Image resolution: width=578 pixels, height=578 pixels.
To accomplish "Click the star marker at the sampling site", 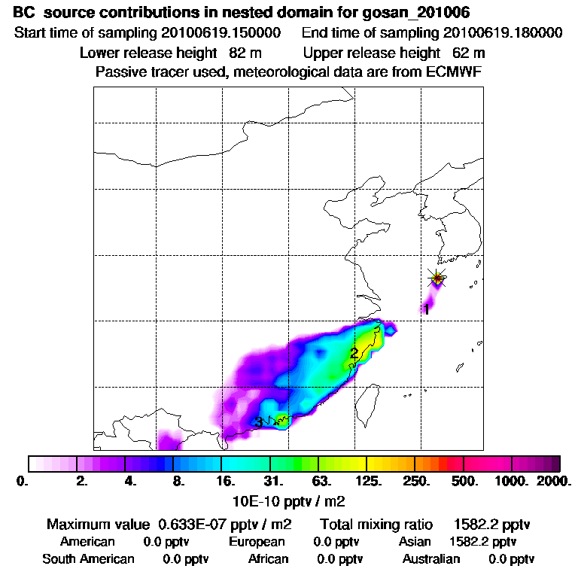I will (437, 278).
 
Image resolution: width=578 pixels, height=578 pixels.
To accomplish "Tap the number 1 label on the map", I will (426, 309).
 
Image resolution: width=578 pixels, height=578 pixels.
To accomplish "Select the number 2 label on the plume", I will (354, 353).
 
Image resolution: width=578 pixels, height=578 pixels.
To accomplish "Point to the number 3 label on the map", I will (258, 422).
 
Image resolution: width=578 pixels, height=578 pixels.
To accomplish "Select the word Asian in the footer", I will (415, 541).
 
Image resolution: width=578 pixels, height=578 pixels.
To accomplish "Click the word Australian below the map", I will (431, 558).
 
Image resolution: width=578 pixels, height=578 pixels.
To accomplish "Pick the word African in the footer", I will (268, 558).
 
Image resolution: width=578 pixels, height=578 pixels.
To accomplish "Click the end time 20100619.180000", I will (503, 33).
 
